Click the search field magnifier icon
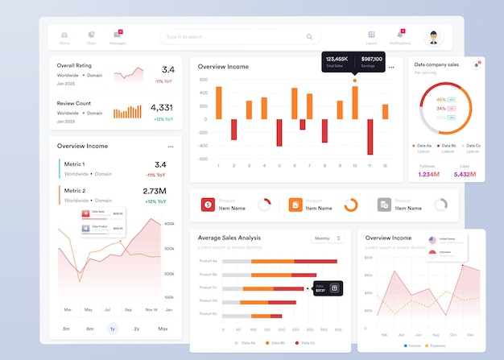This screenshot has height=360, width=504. tap(309, 37)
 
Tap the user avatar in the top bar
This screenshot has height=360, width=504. tap(435, 37)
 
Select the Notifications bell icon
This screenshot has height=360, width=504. tap(399, 35)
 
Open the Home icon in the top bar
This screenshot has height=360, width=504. tap(64, 35)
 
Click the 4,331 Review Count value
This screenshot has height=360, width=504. tap(161, 107)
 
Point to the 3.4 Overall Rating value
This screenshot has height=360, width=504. tap(167, 70)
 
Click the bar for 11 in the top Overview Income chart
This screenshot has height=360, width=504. tap(370, 132)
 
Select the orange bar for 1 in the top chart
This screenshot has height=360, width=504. tap(218, 103)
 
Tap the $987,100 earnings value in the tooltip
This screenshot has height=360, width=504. tap(371, 59)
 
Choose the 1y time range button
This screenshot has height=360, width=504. tap(112, 329)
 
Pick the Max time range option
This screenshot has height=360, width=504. tap(163, 329)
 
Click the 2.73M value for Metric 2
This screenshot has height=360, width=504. tap(155, 191)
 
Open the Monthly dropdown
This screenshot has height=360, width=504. tap(328, 238)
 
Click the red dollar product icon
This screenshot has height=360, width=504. tap(208, 205)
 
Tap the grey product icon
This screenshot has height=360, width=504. tap(384, 205)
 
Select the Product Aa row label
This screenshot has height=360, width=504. tap(208, 261)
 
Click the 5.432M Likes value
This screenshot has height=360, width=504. tap(465, 174)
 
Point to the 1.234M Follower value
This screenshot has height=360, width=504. tap(428, 174)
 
